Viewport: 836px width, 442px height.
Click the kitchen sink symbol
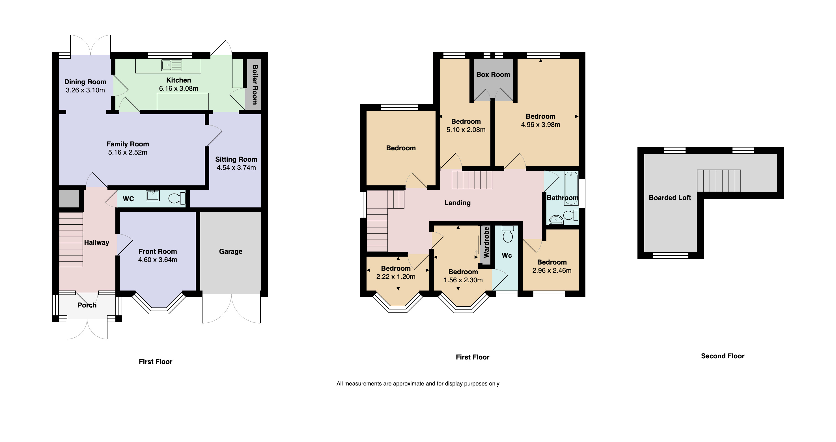point(172,65)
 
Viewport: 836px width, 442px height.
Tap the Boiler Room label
point(255,84)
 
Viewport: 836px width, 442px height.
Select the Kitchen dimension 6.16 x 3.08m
point(178,88)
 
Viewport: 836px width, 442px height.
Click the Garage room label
point(230,251)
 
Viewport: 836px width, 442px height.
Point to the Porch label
point(87,305)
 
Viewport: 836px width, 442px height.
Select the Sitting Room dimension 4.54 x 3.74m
point(236,168)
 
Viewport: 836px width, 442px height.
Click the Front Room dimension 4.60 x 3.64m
point(158,260)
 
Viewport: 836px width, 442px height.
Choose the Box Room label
point(493,75)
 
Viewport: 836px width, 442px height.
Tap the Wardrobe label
point(486,242)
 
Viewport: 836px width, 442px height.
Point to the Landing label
point(457,203)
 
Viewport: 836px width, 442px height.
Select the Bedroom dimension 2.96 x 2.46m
point(552,270)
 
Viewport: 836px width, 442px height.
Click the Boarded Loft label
point(670,198)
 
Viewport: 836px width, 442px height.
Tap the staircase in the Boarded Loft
point(719,181)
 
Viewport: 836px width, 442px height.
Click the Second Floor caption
point(722,356)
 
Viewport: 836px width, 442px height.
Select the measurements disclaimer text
point(418,383)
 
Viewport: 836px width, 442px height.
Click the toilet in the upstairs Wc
point(508,234)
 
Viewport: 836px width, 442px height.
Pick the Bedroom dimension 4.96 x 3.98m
point(540,125)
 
